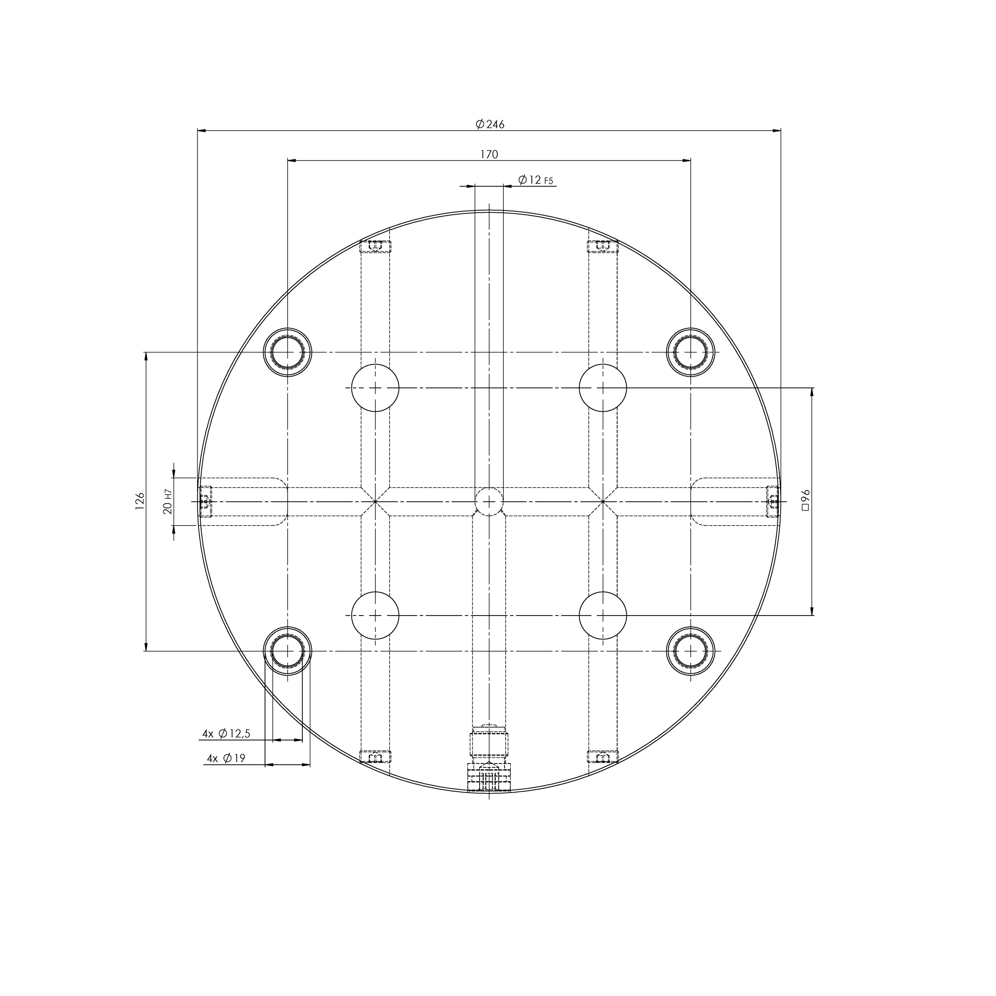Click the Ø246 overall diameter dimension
[x=489, y=124]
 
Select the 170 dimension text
[x=489, y=154]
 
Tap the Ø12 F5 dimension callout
[x=535, y=180]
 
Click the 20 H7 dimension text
[x=167, y=501]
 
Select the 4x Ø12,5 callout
[x=226, y=734]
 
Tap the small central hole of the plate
[x=489, y=501]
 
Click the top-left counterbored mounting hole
[x=288, y=352]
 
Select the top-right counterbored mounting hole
[x=691, y=352]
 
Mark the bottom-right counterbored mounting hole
[x=691, y=651]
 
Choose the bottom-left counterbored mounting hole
[x=288, y=651]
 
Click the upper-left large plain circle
[x=375, y=388]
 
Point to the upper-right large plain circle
[x=603, y=388]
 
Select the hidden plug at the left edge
[x=205, y=501]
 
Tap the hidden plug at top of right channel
[x=603, y=246]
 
